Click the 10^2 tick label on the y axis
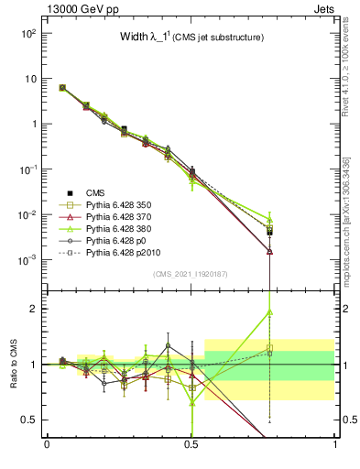(x=27, y=33)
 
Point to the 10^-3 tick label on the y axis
(x=27, y=260)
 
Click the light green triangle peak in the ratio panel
(x=269, y=311)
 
